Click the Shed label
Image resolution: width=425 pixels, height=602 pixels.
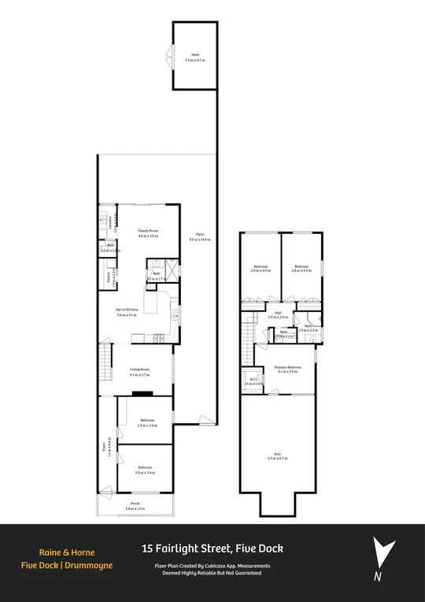(x=193, y=55)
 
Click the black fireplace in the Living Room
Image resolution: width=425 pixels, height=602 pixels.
(x=142, y=393)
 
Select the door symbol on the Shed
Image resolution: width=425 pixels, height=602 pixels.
(x=168, y=55)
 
